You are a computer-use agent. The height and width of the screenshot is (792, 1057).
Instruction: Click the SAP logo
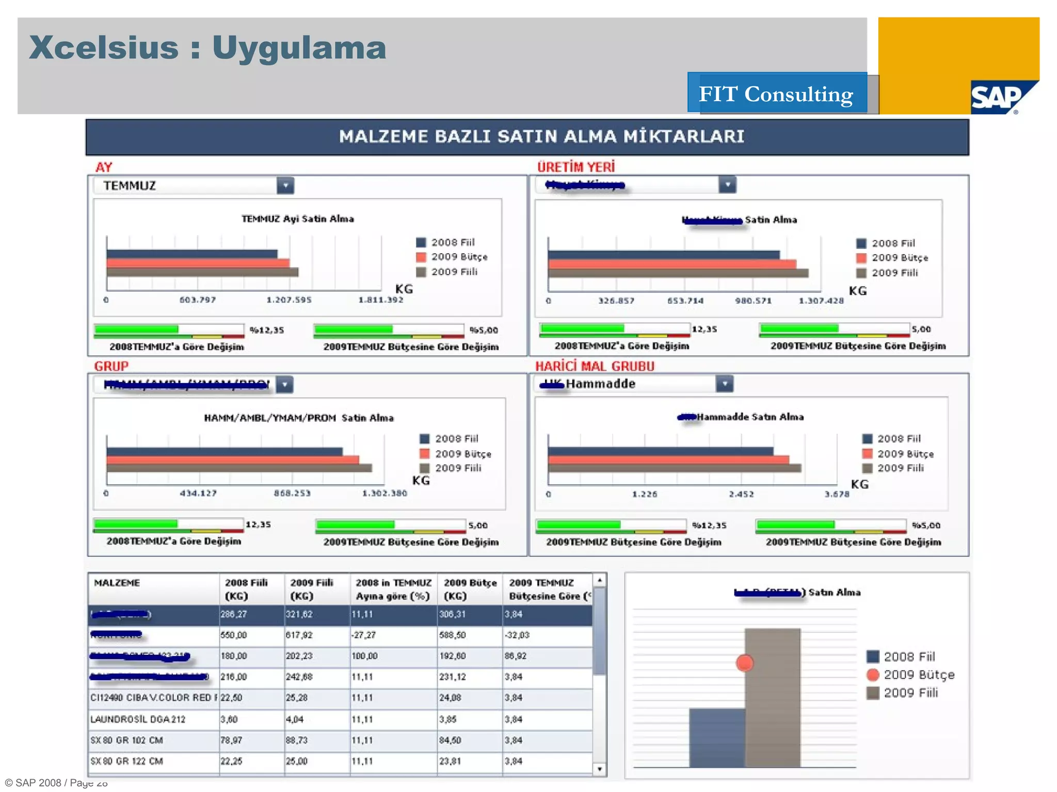click(x=996, y=97)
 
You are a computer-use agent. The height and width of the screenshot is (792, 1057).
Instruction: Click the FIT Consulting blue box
click(x=777, y=93)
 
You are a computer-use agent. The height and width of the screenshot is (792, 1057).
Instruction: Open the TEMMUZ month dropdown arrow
click(x=285, y=186)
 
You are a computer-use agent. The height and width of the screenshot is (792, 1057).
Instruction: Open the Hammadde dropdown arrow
click(x=725, y=384)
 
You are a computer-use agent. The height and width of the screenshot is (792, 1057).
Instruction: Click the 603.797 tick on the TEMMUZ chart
click(x=198, y=300)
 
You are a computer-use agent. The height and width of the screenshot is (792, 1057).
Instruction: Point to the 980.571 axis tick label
click(x=753, y=301)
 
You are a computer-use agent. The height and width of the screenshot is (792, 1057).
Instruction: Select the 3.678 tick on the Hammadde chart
click(x=837, y=494)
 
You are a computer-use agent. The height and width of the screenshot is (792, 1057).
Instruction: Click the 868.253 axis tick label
click(x=292, y=493)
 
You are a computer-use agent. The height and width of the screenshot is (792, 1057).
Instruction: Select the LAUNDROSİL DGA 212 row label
click(x=138, y=719)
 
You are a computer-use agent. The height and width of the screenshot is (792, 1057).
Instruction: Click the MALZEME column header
click(x=117, y=583)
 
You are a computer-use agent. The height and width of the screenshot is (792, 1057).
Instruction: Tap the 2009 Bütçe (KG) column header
click(x=470, y=589)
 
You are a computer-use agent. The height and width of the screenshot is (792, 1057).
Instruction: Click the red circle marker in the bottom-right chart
click(x=744, y=663)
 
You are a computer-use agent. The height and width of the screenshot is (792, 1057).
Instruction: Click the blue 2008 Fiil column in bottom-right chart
click(x=717, y=737)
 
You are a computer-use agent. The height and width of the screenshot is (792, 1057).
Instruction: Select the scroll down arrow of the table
click(x=599, y=769)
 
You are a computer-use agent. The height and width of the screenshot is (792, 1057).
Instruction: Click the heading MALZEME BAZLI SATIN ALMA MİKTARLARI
click(x=541, y=137)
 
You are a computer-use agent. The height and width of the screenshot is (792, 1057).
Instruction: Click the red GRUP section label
click(x=111, y=366)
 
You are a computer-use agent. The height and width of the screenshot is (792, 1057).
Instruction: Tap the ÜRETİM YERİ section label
click(x=576, y=167)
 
